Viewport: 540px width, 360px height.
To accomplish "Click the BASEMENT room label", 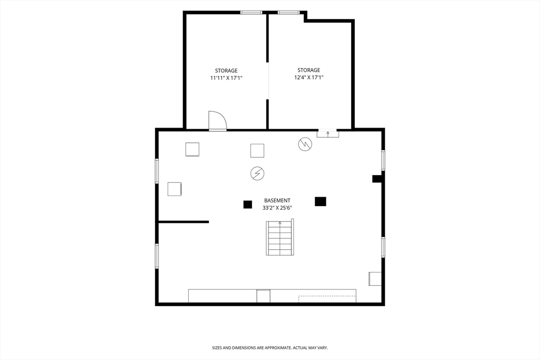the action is pos(277,200).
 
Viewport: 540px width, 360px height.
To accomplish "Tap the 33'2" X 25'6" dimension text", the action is pos(277,208).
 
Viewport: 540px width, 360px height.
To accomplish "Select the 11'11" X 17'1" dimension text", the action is pos(226,78).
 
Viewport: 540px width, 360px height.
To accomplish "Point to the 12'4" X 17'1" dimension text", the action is pos(308,77).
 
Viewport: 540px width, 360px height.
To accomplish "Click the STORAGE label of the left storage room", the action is pos(226,71).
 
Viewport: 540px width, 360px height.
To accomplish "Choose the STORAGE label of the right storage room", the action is pos(308,70).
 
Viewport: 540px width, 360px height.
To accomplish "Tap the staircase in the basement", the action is pos(280,237).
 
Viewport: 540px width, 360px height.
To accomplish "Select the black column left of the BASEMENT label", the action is pos(248,205).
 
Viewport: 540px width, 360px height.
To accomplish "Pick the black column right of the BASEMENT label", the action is pos(320,201).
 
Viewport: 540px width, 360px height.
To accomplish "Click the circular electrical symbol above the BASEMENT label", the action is pos(257,173).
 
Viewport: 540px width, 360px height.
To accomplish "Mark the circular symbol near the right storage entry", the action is pos(305,144).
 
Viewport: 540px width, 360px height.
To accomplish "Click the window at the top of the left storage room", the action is pos(251,13).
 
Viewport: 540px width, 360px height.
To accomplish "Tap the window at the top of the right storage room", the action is pos(288,13).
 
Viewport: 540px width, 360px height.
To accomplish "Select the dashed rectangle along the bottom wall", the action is pos(327,299).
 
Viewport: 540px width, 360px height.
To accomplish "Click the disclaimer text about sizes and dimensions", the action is pos(269,348).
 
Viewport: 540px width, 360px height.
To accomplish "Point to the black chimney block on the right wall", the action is pos(377,179).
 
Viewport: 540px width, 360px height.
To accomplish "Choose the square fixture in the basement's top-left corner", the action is pos(192,149).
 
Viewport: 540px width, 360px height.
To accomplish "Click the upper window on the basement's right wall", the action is pos(383,160).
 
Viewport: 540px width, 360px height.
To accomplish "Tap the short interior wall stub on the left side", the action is pos(184,222).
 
